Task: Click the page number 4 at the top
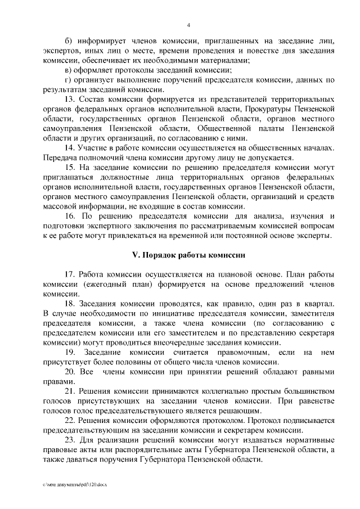[188, 25]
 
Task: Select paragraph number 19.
[70, 352]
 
